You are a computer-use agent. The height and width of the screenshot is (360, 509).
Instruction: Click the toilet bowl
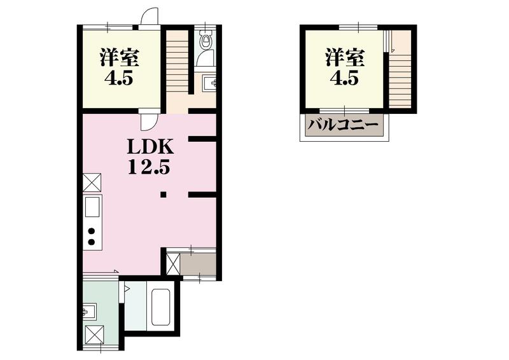(205, 44)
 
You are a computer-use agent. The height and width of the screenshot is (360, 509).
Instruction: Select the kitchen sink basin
(92, 207)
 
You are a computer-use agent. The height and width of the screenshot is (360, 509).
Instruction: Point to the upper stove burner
(92, 230)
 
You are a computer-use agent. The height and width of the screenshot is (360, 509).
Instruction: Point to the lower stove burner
(92, 242)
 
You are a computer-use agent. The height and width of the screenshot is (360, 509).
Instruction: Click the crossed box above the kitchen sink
(92, 182)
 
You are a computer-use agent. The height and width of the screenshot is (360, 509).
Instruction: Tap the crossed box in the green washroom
(94, 334)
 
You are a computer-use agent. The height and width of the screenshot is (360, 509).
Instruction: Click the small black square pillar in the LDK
(164, 195)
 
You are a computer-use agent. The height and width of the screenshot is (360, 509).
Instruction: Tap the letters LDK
(150, 147)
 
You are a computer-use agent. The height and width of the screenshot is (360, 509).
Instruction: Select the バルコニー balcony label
(344, 125)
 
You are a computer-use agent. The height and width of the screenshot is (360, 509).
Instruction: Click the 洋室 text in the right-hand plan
(344, 58)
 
